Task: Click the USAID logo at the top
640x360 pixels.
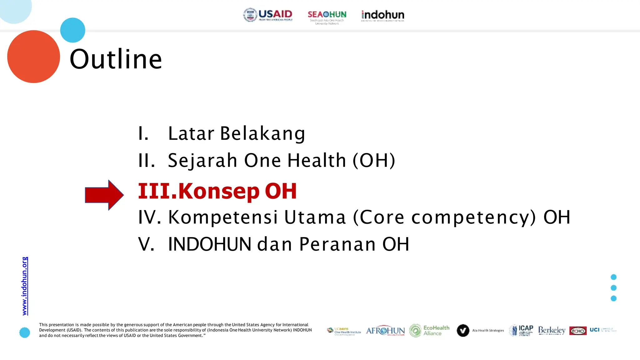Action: [268, 15]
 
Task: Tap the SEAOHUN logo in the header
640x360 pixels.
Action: [327, 17]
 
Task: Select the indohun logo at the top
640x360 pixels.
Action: [382, 15]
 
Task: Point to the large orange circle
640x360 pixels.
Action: [33, 57]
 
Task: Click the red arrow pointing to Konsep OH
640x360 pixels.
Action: [104, 195]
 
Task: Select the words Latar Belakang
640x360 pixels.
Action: [236, 133]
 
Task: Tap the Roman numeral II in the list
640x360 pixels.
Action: [147, 161]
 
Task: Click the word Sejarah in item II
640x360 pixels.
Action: [202, 161]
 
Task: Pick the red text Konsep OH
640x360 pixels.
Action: [237, 191]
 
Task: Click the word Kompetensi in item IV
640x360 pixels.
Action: [223, 217]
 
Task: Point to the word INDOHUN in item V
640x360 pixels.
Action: [210, 244]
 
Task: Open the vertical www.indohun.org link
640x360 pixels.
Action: [25, 286]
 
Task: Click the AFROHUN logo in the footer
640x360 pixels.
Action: [385, 331]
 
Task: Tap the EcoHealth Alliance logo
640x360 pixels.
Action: [429, 330]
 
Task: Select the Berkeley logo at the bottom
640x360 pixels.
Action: [552, 330]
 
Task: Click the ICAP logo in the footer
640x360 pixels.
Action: [521, 330]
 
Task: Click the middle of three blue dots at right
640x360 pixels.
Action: [613, 288]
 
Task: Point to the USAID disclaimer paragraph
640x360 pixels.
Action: [175, 330]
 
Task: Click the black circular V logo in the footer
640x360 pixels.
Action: [463, 330]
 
